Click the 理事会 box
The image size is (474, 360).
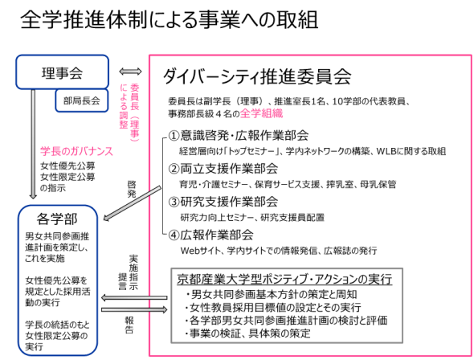(x=62, y=72)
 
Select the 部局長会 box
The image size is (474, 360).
(x=82, y=100)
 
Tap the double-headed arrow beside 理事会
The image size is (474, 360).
(x=130, y=72)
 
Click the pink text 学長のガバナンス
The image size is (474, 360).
(x=76, y=151)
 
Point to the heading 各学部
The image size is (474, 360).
(x=57, y=219)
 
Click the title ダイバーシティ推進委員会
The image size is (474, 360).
(x=257, y=76)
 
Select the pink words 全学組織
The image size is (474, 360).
(x=261, y=113)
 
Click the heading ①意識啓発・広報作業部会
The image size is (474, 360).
(x=239, y=135)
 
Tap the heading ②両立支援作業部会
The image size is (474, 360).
(x=223, y=169)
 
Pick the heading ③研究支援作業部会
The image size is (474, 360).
(x=223, y=202)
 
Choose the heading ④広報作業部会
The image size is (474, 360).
(x=210, y=235)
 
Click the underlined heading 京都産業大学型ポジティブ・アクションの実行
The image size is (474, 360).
(x=284, y=280)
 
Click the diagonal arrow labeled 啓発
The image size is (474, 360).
(x=132, y=203)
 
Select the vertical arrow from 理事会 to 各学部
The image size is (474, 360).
(x=33, y=144)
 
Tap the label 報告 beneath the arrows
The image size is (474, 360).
(x=129, y=325)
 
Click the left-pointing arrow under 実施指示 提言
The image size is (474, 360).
(x=134, y=298)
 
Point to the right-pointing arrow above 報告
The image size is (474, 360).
(x=134, y=309)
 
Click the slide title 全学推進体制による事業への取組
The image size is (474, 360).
(x=170, y=20)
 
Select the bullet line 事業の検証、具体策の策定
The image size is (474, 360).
(x=248, y=333)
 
